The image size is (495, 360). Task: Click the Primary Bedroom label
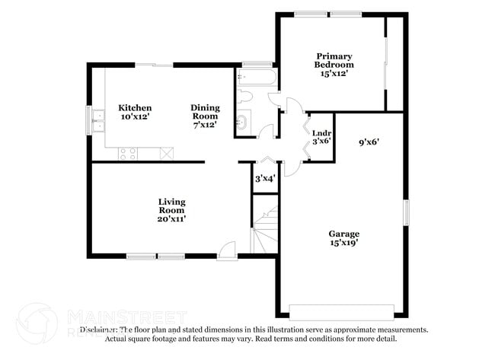coord(334,60)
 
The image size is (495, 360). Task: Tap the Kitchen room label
coord(135,108)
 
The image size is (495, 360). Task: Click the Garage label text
coord(344,234)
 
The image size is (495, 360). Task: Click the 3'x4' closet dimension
coord(264,179)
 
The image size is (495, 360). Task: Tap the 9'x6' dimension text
coord(369,141)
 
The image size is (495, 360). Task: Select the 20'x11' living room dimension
coord(171,218)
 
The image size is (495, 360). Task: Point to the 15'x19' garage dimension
coord(344,243)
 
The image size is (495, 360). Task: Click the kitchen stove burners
coord(128,153)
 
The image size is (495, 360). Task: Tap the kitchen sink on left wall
coord(97,120)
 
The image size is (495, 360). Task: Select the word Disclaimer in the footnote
coord(98,330)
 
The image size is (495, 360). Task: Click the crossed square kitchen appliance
coord(167,153)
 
